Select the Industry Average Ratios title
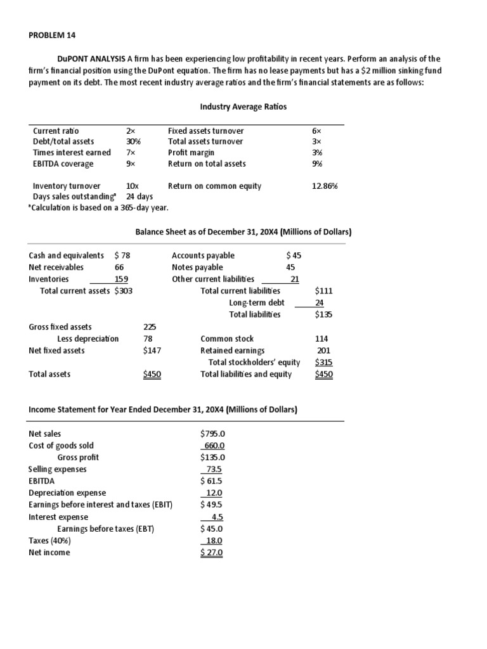click(x=243, y=106)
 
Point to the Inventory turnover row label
click(x=67, y=186)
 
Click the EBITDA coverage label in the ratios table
click(x=63, y=164)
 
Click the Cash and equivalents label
click(x=67, y=255)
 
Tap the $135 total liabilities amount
click(x=323, y=314)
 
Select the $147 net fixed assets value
click(x=152, y=350)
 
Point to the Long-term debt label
click(x=257, y=302)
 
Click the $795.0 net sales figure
click(x=212, y=434)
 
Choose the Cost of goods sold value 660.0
click(x=213, y=446)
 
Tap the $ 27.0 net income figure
click(x=212, y=553)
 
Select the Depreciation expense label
click(x=67, y=493)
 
